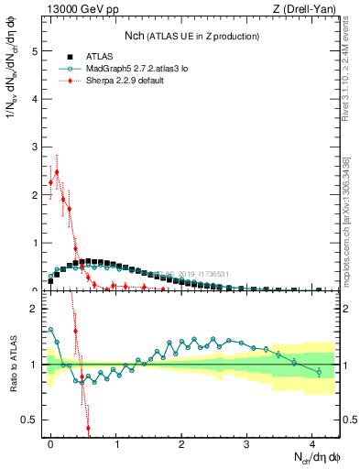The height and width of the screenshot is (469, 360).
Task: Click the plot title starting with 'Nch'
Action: point(191,36)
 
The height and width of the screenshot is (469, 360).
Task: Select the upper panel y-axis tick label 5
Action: point(34,52)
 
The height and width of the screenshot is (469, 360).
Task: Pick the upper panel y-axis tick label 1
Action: point(34,243)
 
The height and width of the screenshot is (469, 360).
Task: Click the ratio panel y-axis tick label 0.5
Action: point(30,420)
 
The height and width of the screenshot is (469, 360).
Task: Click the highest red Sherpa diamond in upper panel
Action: point(57,171)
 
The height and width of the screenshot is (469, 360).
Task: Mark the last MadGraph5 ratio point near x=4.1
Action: point(318,372)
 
